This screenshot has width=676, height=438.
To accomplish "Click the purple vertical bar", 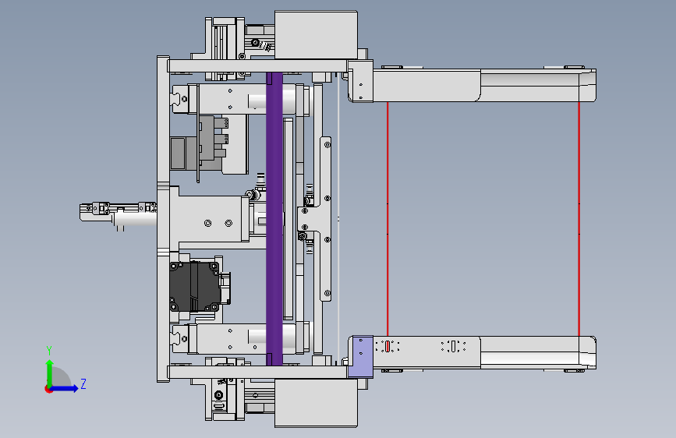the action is (x=274, y=219).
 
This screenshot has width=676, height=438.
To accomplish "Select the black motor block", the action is (x=195, y=286).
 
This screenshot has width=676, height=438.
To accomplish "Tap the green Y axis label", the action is (x=49, y=351).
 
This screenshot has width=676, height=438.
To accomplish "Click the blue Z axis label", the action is (x=83, y=383).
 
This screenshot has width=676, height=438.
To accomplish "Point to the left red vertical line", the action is (x=388, y=218).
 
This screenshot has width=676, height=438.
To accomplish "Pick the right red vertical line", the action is (x=579, y=218).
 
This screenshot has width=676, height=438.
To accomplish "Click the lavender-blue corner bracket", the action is (x=360, y=357).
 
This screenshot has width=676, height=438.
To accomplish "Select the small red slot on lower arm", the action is (x=388, y=346).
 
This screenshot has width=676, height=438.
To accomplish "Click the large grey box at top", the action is (x=316, y=35).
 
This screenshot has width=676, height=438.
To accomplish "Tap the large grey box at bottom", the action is (x=316, y=404).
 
